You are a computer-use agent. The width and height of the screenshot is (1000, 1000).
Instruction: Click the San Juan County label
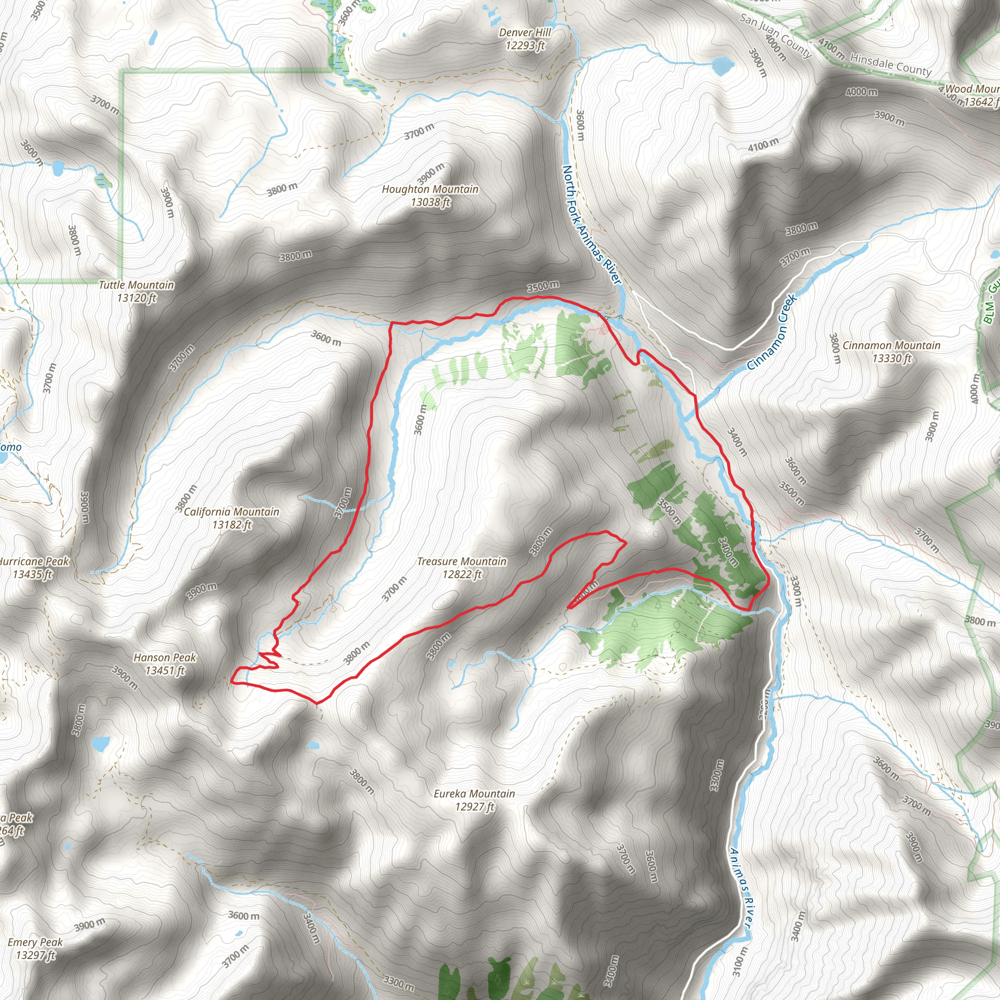[x=774, y=35]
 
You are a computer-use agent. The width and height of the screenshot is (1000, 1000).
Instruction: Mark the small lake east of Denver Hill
[x=723, y=65]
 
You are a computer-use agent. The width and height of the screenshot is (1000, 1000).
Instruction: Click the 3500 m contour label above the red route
[x=543, y=286]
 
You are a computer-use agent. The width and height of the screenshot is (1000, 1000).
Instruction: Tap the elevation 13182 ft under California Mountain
[x=231, y=525]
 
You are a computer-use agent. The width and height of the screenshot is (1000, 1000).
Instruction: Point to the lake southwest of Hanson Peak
[x=100, y=744]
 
